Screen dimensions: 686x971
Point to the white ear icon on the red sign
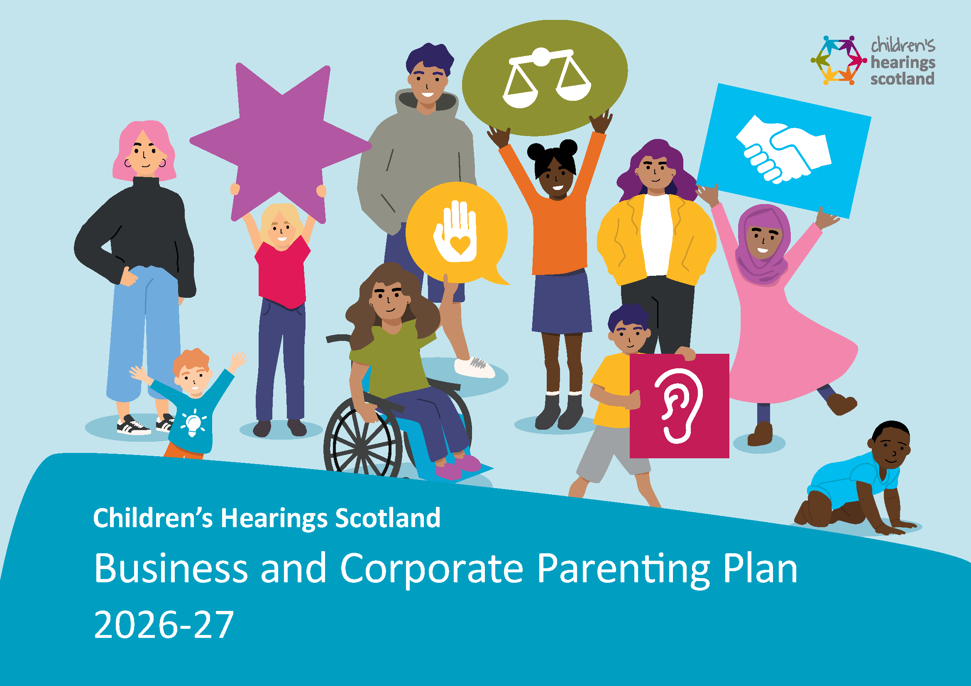pos(678,406)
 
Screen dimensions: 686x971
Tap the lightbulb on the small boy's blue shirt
pos(193,423)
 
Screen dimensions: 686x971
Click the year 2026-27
pos(164,625)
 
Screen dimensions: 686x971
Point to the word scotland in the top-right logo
pos(902,79)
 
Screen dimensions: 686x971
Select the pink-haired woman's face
pos(144,154)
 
